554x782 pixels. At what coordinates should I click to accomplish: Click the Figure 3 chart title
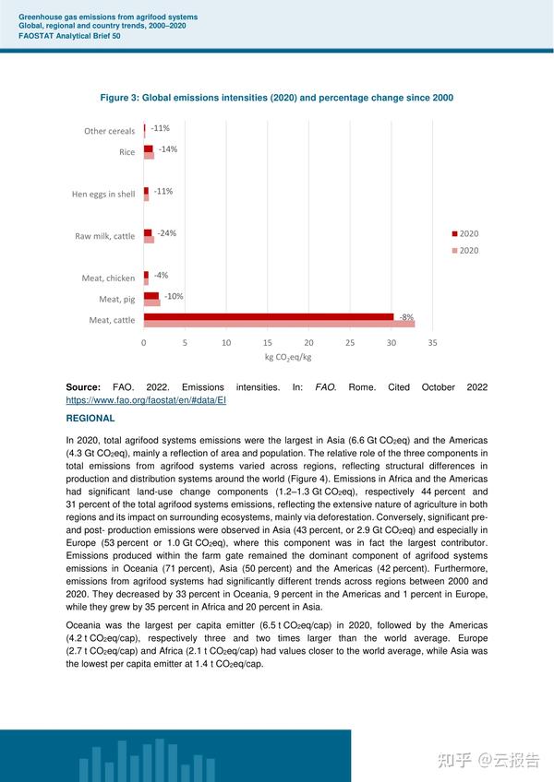(x=277, y=98)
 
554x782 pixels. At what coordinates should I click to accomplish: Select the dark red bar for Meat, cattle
(x=268, y=317)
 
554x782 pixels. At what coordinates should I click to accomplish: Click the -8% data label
(x=406, y=317)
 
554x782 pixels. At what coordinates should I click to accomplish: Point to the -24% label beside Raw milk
(x=166, y=233)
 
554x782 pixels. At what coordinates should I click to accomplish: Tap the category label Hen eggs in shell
(x=103, y=195)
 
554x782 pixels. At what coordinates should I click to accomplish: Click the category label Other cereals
(x=109, y=131)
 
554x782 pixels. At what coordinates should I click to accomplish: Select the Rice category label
(x=126, y=152)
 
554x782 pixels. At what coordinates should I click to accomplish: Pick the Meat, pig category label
(x=116, y=300)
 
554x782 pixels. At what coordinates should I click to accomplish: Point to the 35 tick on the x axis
(x=432, y=342)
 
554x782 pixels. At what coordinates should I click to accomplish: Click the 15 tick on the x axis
(x=267, y=342)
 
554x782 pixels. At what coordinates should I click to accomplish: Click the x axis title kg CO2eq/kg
(x=288, y=357)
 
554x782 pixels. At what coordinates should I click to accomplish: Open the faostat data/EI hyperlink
(x=146, y=401)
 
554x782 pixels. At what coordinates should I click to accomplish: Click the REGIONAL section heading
(x=90, y=418)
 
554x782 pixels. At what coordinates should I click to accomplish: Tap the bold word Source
(x=83, y=387)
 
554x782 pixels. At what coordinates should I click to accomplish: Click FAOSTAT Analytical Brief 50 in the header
(x=69, y=35)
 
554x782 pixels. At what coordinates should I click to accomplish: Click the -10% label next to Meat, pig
(x=174, y=296)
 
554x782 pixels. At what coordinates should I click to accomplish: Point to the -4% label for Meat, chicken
(x=161, y=276)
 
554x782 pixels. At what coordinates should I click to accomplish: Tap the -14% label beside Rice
(x=167, y=148)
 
